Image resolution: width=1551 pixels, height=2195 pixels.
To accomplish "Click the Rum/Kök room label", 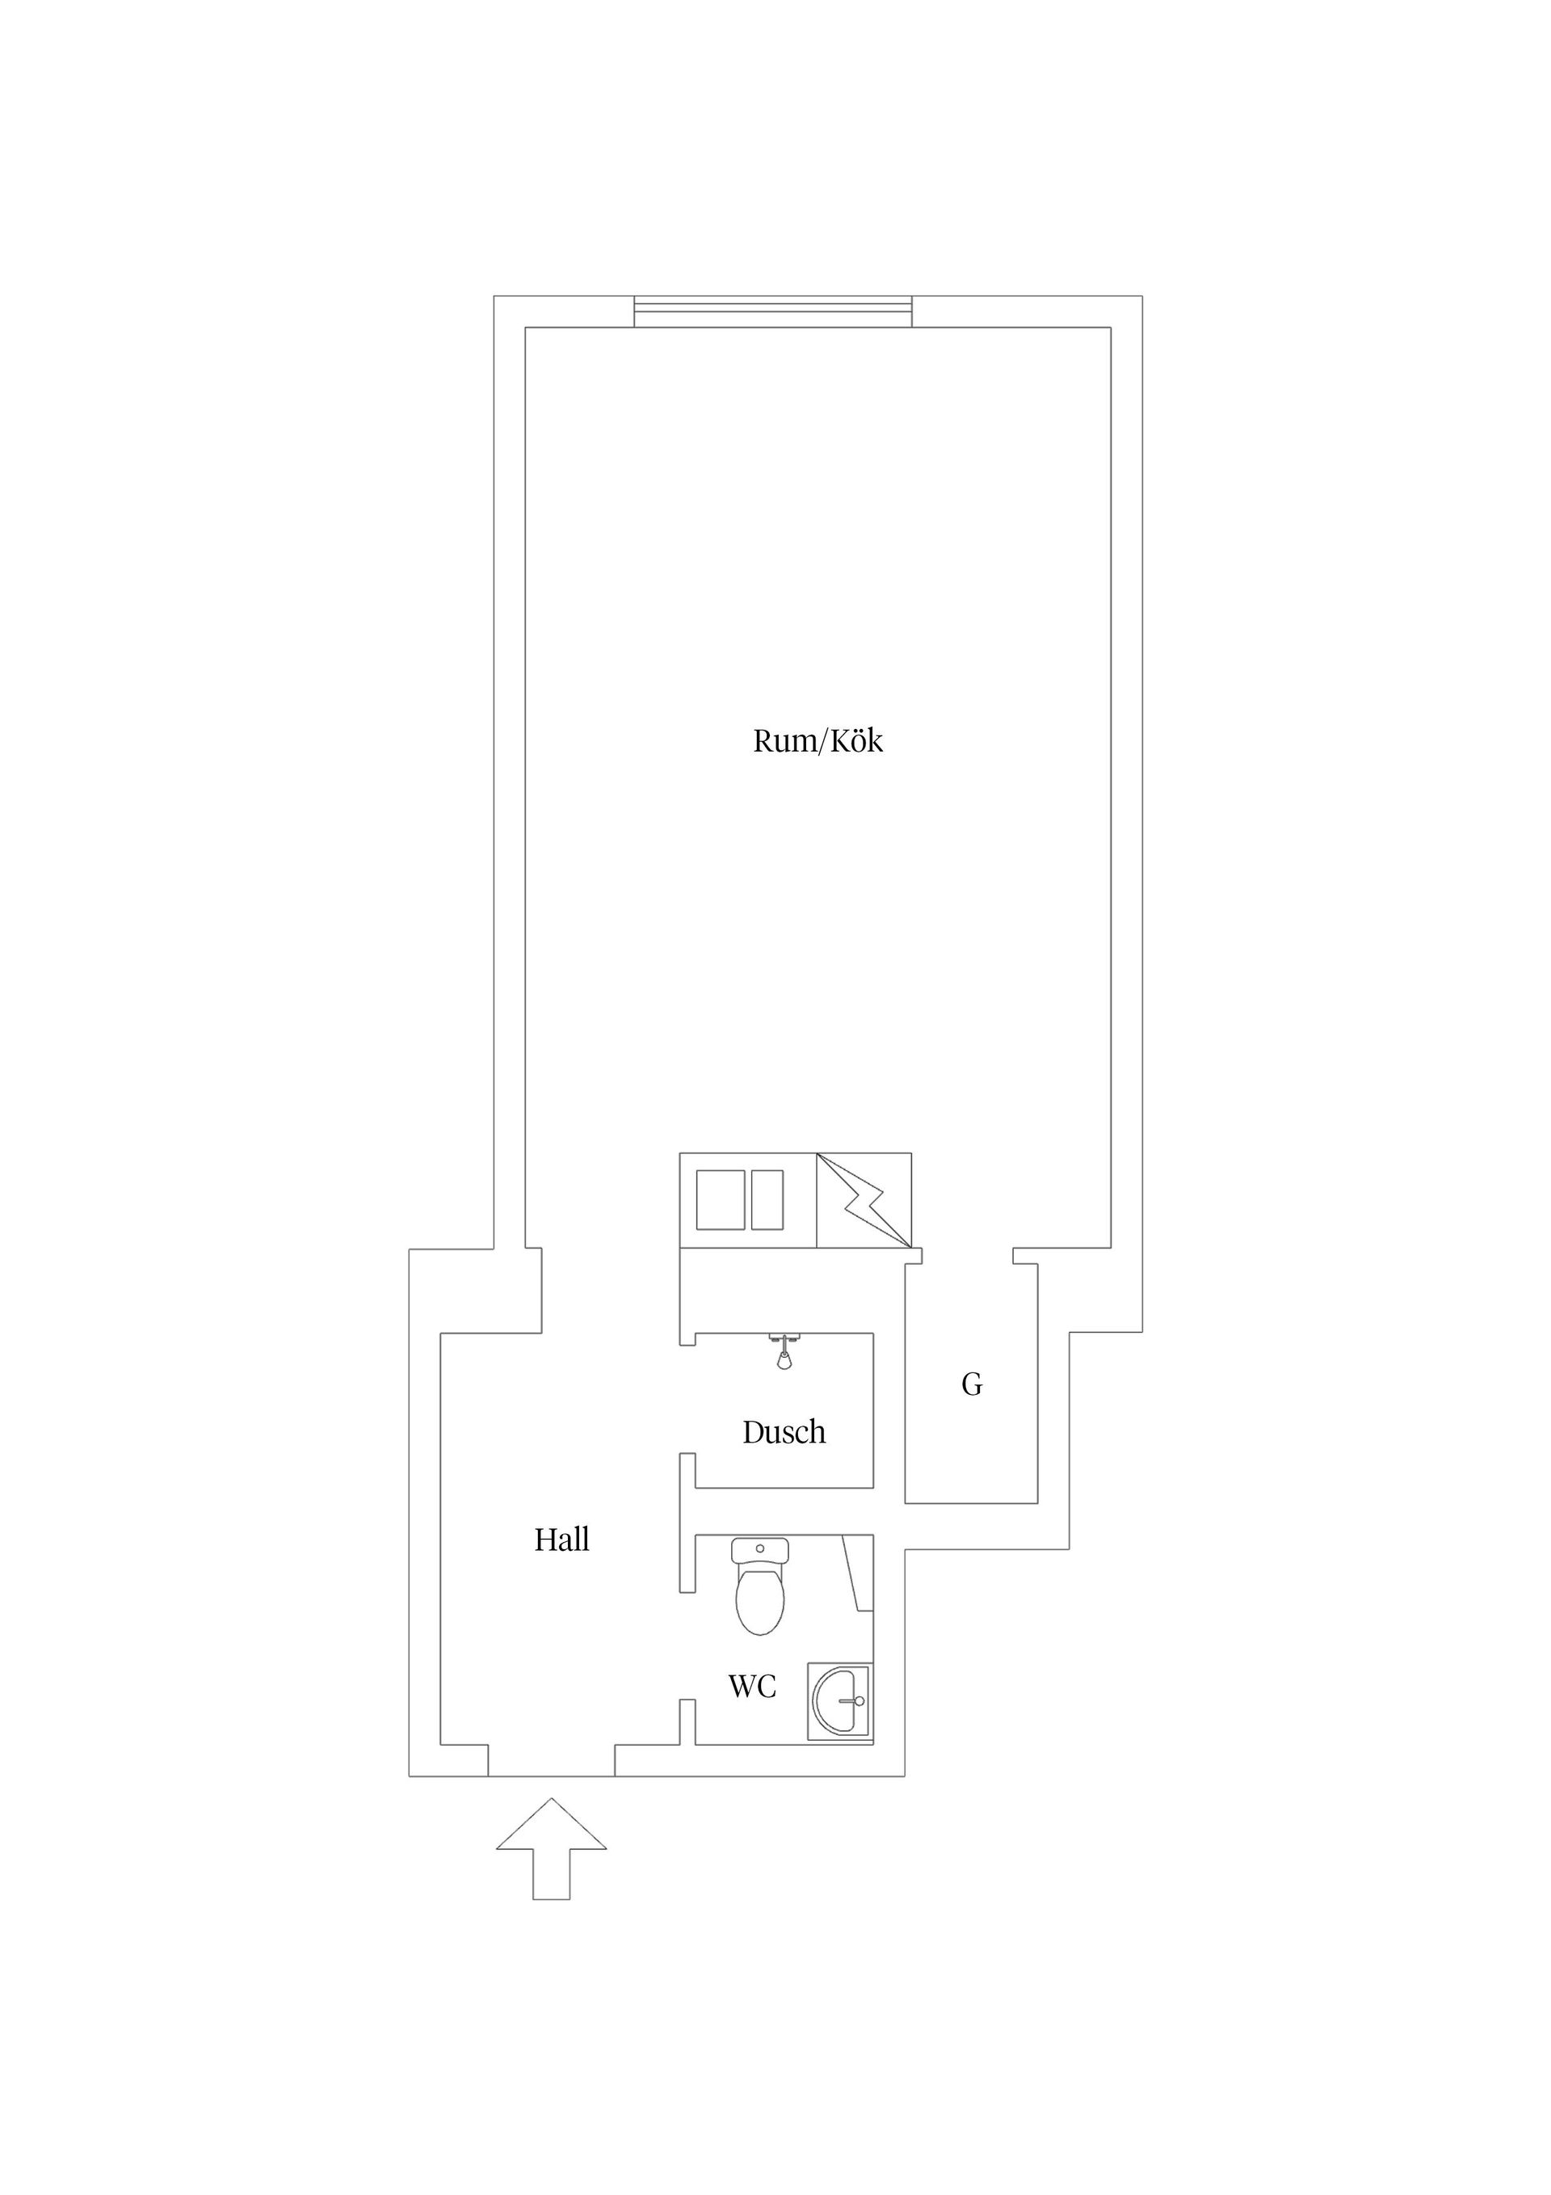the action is [x=818, y=741].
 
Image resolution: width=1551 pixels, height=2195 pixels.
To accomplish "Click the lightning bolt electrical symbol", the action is [x=865, y=1201].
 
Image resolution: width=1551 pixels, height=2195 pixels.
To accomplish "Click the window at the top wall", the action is [x=773, y=312].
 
